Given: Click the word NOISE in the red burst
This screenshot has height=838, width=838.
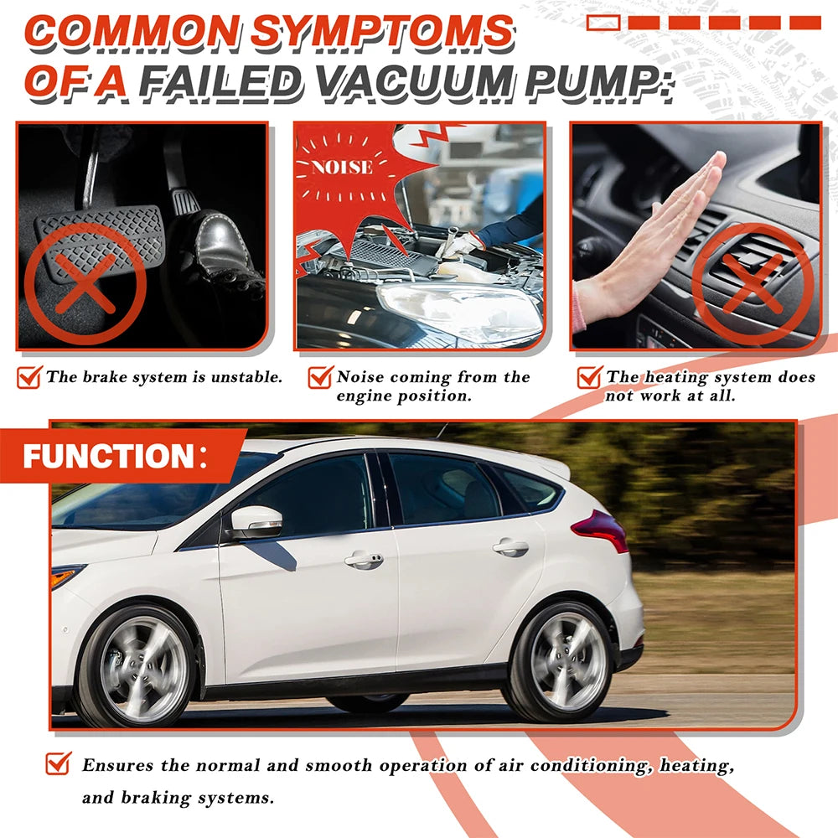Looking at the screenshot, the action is pos(342,168).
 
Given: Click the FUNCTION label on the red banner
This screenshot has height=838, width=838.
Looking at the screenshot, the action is pos(109,457).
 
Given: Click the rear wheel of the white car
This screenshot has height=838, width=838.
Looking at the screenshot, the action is pos(562,661).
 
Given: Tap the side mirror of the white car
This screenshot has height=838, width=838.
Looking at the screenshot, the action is pos(256,522).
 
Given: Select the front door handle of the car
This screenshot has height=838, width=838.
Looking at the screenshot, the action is pos(364,560).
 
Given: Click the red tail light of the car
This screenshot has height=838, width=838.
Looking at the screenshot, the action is pos(601,530).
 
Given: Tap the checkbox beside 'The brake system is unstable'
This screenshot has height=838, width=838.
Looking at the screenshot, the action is pos(29,377).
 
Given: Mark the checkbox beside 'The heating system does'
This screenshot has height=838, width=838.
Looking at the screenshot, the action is pos(590,377).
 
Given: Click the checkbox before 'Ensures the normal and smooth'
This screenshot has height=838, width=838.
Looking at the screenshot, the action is pos(59,763).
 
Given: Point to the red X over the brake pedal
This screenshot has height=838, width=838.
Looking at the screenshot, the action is pos(85,284).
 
